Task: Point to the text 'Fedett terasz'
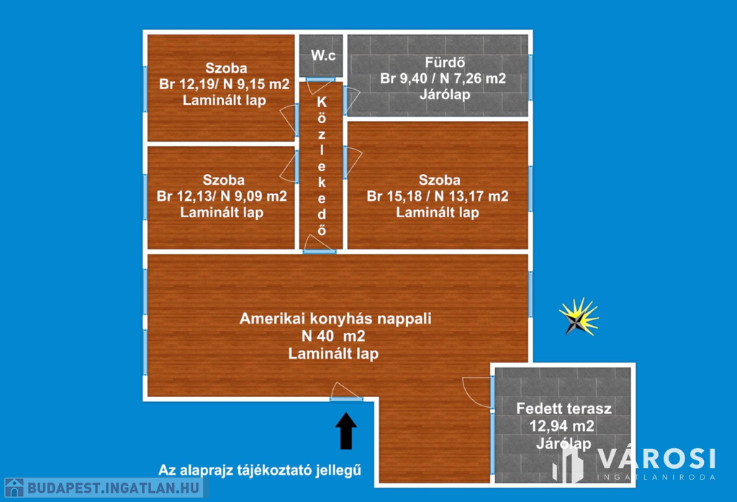point(564,409)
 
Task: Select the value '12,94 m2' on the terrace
point(564,426)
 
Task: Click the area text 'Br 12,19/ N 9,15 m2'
point(224,84)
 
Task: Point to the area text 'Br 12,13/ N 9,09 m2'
point(222,196)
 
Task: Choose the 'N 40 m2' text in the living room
point(333,336)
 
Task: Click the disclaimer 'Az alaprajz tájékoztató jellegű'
point(259,471)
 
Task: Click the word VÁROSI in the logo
point(654,459)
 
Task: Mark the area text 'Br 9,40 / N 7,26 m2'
point(443,78)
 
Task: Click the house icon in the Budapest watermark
point(14,488)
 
